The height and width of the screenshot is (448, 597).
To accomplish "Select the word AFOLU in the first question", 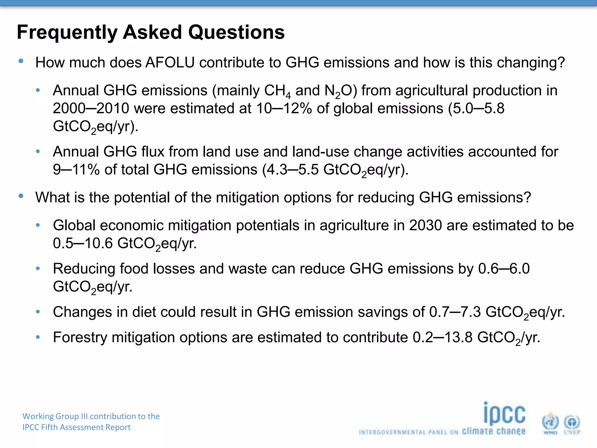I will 170,63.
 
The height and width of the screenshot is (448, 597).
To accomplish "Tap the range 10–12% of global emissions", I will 284,108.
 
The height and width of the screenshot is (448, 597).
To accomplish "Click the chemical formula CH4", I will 277,91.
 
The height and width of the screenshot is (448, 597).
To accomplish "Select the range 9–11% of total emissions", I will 76,170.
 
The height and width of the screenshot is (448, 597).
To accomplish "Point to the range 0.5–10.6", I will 83,244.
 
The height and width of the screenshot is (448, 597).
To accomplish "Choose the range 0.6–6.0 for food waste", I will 504,269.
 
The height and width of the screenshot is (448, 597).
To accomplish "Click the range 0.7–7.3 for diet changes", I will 455,312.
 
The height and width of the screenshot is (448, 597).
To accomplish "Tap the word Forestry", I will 80,337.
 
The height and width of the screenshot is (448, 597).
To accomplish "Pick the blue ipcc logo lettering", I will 504,414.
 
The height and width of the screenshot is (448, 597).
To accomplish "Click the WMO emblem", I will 550,423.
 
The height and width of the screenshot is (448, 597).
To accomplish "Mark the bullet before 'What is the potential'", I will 21,196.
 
